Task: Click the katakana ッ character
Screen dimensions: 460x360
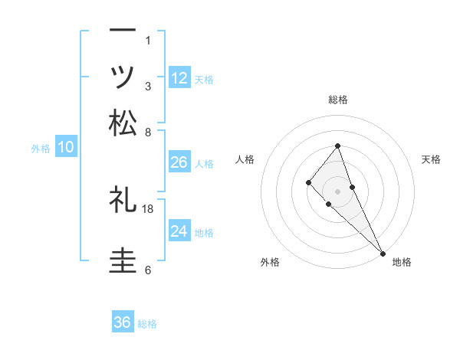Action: [123, 77]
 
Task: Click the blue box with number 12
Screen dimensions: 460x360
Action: [179, 78]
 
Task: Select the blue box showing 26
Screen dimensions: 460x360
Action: [179, 162]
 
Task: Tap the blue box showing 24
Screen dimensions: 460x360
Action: [179, 231]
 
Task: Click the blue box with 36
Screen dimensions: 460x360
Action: [123, 322]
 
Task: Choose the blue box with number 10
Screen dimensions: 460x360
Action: [66, 148]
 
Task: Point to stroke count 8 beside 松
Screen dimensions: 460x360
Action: [148, 132]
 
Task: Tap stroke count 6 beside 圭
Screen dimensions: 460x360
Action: [148, 270]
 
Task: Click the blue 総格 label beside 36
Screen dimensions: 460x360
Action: [148, 324]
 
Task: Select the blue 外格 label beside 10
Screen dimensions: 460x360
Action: [41, 149]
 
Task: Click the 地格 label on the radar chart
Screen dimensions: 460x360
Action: [402, 262]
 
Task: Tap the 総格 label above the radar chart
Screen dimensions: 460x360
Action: [338, 100]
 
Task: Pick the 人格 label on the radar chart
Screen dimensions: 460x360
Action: [245, 159]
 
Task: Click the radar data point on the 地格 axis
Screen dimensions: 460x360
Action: [383, 253]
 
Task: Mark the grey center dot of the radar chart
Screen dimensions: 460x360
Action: [337, 191]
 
